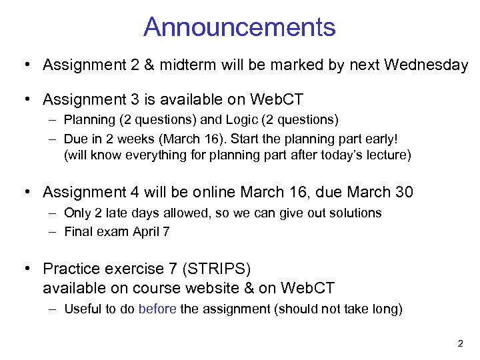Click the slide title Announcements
(x=239, y=27)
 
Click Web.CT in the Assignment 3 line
(x=277, y=100)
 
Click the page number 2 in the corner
(x=460, y=344)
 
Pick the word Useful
(x=80, y=309)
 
